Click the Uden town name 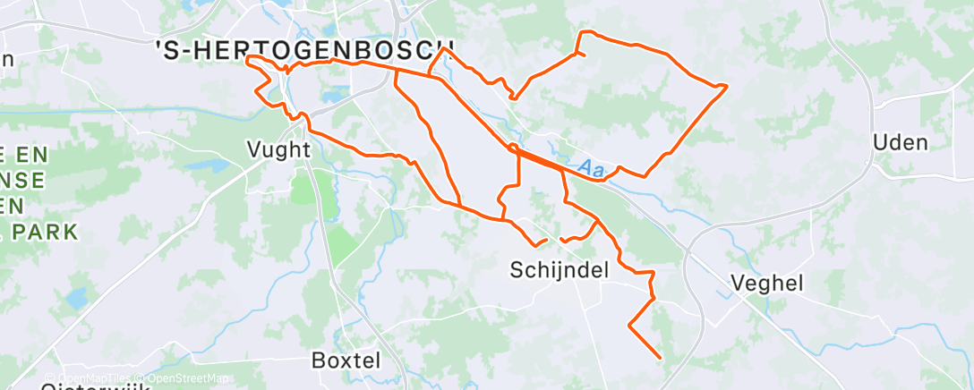click(x=900, y=143)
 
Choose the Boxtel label click(x=346, y=360)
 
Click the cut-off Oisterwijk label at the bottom click(x=86, y=386)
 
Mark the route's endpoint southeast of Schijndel click(x=660, y=358)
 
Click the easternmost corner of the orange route click(x=725, y=85)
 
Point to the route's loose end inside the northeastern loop click(x=584, y=55)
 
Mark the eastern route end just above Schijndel click(x=561, y=240)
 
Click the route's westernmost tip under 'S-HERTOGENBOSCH click(x=247, y=57)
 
